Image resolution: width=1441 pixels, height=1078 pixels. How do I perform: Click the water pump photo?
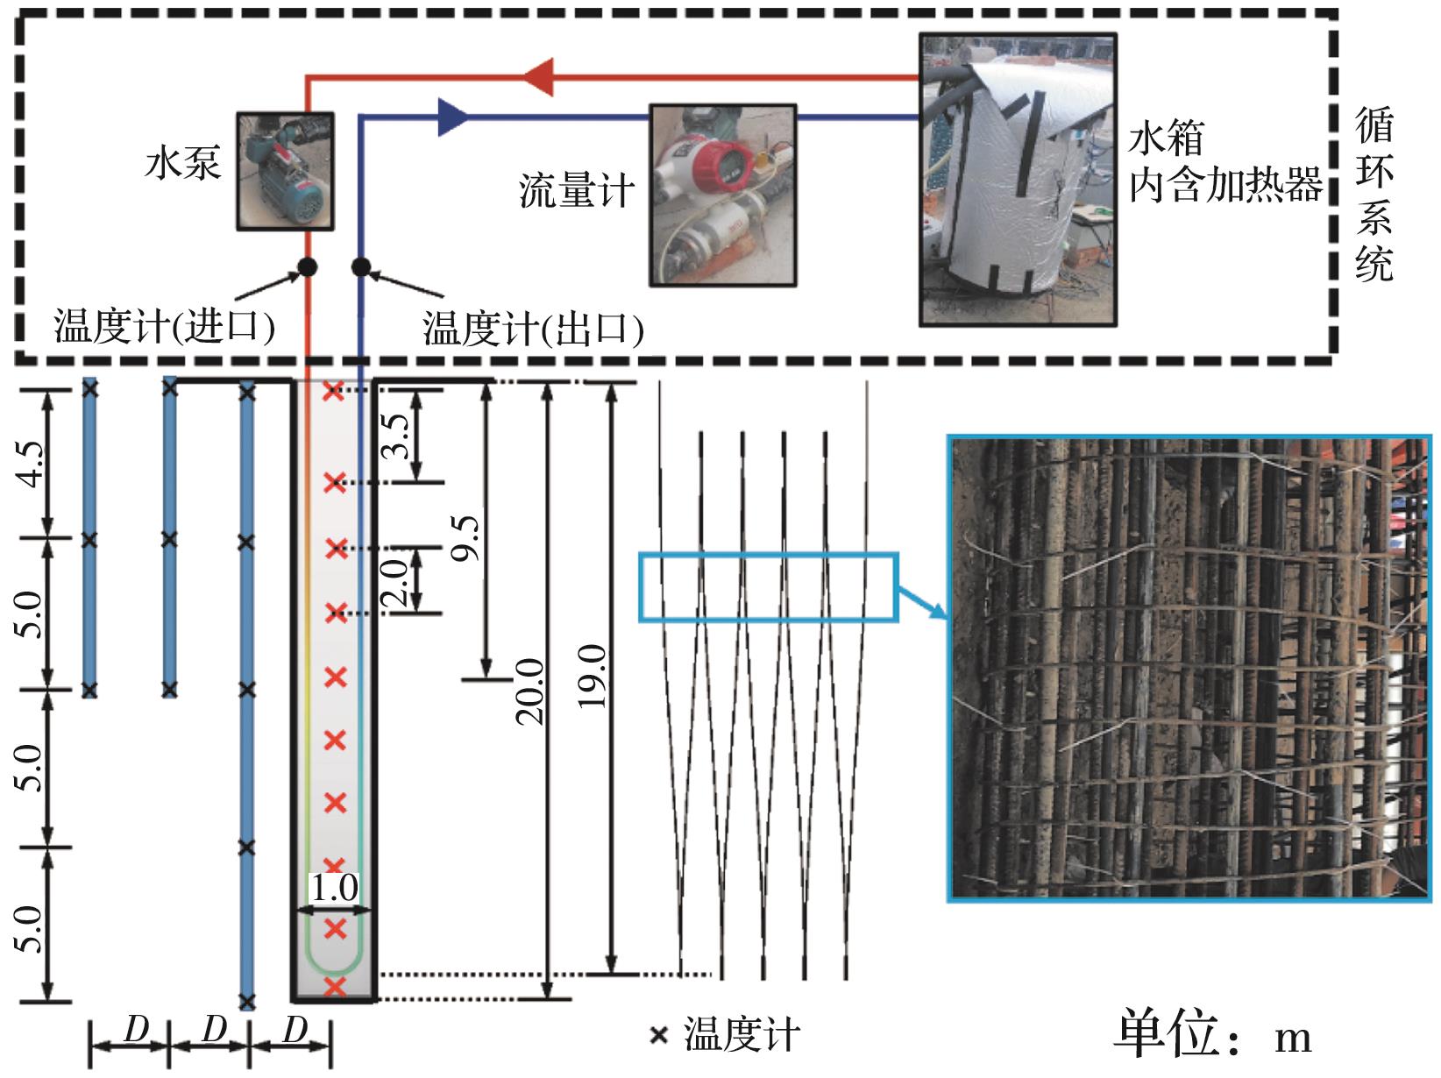285,171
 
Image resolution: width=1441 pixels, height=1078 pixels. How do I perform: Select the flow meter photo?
723,195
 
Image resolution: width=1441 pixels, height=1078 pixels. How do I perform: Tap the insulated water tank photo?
1018,179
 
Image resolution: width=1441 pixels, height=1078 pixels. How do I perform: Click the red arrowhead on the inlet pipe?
538,77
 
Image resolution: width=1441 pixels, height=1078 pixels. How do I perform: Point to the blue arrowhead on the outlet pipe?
454,117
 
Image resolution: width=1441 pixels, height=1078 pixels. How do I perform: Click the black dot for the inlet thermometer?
308,267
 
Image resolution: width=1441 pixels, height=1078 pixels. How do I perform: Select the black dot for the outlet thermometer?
360,267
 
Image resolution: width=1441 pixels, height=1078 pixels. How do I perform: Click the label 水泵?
182,162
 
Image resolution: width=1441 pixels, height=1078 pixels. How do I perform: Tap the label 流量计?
577,191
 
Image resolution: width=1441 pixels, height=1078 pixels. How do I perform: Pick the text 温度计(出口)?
532,328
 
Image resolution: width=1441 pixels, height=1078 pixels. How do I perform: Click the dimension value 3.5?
394,436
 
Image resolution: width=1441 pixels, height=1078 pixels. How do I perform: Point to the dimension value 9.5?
465,538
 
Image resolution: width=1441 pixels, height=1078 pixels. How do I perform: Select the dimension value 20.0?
529,691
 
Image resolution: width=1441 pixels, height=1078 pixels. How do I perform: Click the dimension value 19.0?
591,677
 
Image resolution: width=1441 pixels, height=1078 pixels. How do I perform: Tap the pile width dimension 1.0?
334,888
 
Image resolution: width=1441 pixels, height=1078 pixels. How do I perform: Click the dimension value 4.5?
30,464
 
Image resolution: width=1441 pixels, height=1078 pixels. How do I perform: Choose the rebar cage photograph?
1189,668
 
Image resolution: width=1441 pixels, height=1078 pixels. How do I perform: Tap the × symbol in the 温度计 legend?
658,1035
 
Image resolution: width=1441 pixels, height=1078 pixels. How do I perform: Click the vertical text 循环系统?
1374,195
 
